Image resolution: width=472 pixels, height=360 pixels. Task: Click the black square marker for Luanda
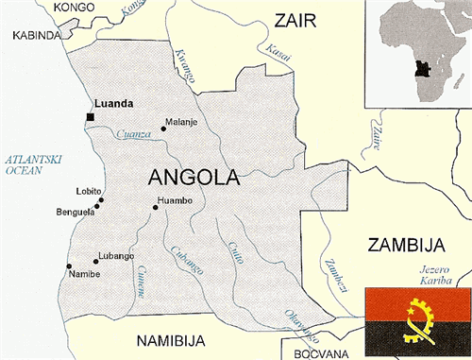pos(90,116)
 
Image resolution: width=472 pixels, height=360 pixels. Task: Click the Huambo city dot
pos(155,207)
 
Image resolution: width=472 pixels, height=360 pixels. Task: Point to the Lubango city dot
pos(95,259)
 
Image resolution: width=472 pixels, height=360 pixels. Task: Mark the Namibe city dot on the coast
pos(68,267)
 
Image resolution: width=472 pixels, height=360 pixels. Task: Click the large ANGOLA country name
pos(194,177)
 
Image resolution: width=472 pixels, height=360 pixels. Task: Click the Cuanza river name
pos(135,134)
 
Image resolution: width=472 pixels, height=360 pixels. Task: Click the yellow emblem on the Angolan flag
pos(415,320)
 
